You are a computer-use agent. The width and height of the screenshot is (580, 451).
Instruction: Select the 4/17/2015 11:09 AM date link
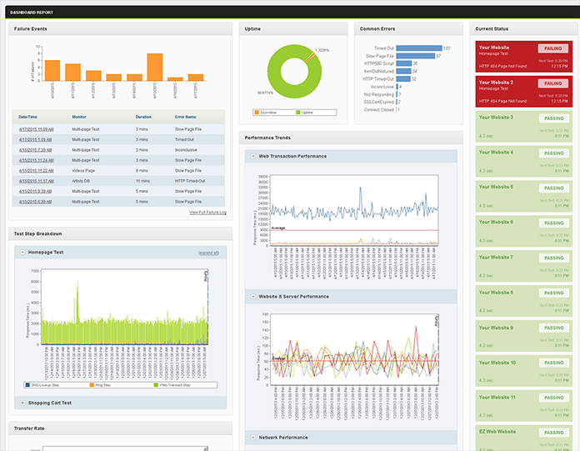[x=36, y=130]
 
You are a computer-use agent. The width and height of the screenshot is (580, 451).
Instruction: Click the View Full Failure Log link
[x=207, y=213]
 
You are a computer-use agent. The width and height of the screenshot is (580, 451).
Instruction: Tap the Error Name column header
[x=186, y=117]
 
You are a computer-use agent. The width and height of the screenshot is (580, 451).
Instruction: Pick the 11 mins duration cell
[x=142, y=180]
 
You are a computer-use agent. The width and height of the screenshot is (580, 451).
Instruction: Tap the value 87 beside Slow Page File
[x=438, y=56]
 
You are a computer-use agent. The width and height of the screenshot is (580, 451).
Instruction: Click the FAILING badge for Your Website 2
[x=551, y=84]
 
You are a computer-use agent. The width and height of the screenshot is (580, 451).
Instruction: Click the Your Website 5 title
[x=496, y=187]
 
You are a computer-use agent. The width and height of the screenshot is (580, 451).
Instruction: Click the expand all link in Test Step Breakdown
[x=208, y=252]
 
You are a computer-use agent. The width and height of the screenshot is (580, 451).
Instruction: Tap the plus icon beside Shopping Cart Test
[x=22, y=403]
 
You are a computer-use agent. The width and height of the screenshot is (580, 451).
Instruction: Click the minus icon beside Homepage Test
[x=22, y=252]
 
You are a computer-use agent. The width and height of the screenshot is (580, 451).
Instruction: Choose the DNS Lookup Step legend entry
[x=42, y=386]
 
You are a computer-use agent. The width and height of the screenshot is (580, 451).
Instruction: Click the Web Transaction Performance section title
[x=293, y=156]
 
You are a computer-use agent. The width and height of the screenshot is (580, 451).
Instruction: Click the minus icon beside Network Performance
[x=252, y=438]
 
